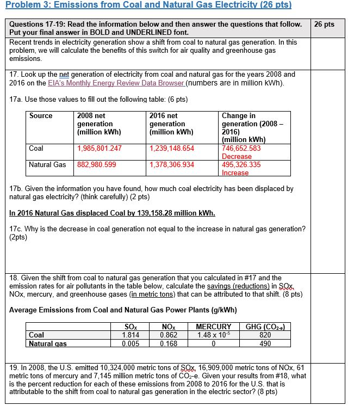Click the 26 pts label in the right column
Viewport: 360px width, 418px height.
[325, 25]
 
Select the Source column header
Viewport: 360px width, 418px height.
[41, 116]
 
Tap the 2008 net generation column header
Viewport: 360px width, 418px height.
[98, 124]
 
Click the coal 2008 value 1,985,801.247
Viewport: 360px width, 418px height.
[100, 148]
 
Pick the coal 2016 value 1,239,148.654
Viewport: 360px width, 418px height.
[171, 148]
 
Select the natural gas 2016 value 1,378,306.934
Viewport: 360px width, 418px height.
[171, 164]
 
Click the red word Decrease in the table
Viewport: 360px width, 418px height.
[237, 156]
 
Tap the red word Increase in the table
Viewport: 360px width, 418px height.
[235, 173]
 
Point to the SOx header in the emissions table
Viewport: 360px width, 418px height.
[131, 327]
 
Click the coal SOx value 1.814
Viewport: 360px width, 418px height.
[131, 335]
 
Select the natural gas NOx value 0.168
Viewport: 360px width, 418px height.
[170, 343]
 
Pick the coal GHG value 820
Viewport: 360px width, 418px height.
[265, 335]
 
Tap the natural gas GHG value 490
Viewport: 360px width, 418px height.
[265, 343]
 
